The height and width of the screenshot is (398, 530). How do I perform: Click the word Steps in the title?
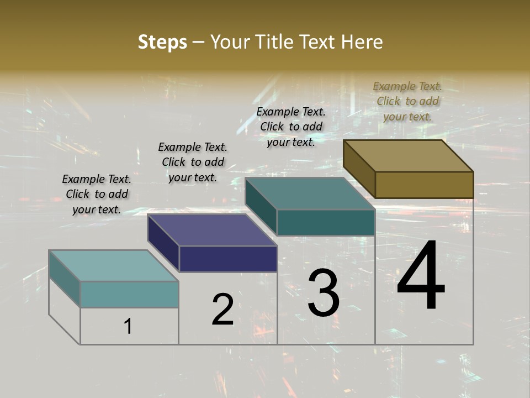162,42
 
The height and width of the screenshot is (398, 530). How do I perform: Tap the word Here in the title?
362,42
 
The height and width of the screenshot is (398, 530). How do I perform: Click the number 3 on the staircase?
324,292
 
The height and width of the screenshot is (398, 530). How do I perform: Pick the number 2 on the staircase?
222,310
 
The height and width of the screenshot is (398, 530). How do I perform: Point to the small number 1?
128,326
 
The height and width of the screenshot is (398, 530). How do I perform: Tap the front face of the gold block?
424,185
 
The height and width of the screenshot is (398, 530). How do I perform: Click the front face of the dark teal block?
326,222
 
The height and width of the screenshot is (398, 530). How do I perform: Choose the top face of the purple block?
212,230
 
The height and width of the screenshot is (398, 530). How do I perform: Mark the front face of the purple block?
228,259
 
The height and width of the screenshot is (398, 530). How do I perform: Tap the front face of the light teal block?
129,294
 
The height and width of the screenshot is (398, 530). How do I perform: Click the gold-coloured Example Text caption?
407,101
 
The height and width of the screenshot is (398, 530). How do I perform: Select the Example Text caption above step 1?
97,194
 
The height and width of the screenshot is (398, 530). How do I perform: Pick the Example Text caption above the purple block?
193,162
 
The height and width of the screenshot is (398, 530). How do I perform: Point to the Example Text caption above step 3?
291,127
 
